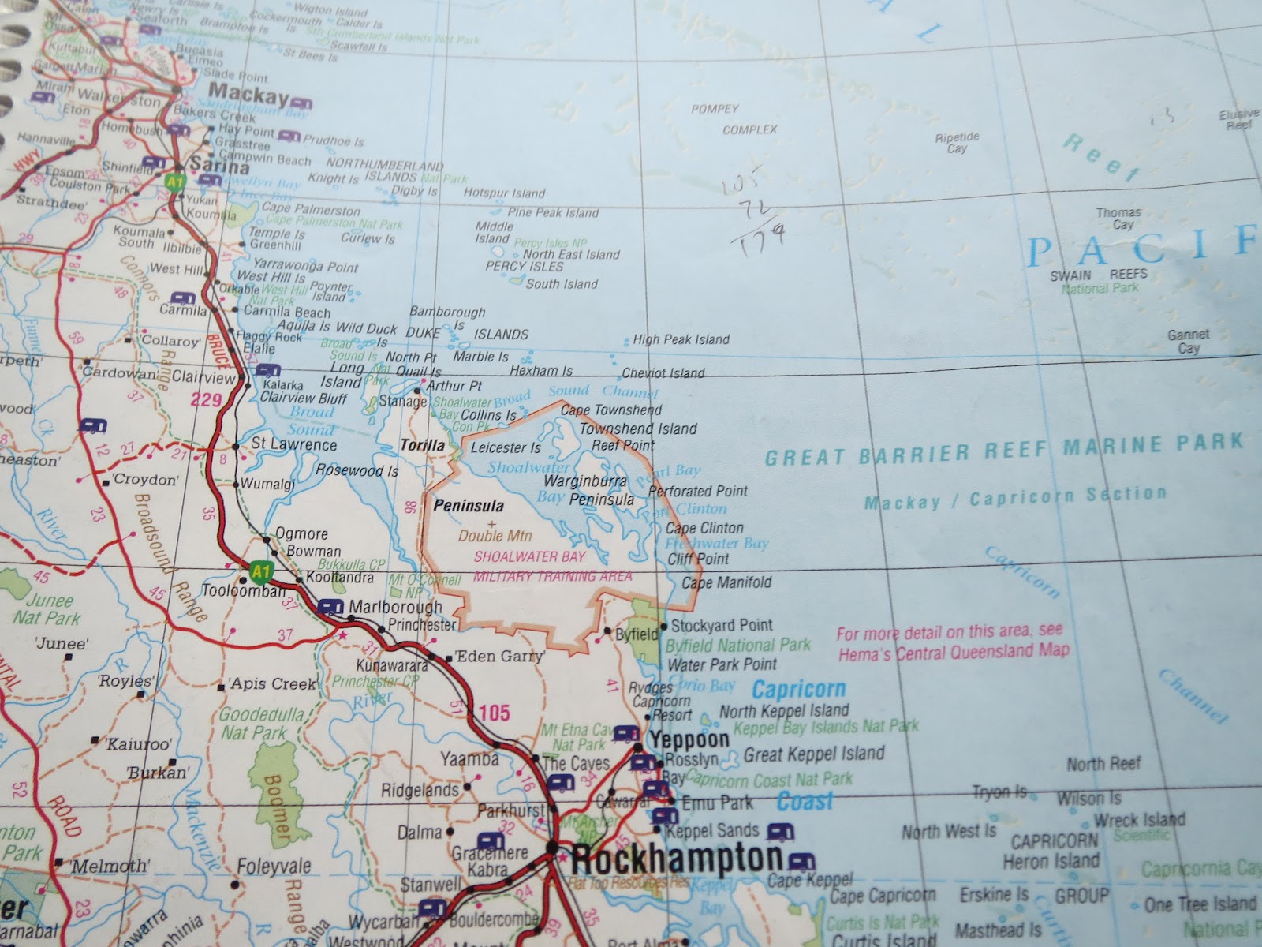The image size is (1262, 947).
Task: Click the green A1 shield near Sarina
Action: (x=174, y=181)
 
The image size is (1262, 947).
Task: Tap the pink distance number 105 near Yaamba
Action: (x=494, y=713)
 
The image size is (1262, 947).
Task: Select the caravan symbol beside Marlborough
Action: (x=329, y=607)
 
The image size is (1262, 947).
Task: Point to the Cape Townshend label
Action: (x=610, y=410)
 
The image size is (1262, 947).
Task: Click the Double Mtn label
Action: (x=495, y=536)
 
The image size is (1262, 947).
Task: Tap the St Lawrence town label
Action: (x=293, y=445)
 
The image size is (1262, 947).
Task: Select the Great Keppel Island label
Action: (x=814, y=754)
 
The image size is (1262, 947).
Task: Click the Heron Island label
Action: (x=1051, y=860)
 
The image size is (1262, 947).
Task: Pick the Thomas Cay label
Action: (x=1118, y=219)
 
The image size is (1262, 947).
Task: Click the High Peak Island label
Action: (x=681, y=339)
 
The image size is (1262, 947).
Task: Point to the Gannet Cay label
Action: (x=1188, y=342)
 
